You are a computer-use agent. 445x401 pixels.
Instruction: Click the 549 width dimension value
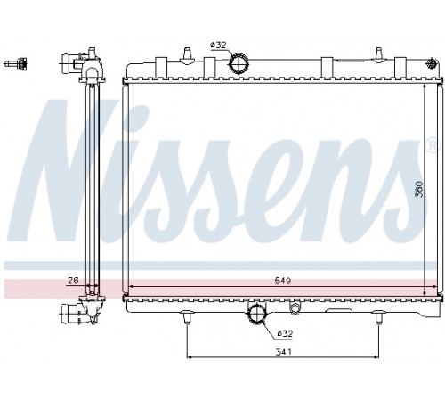coord(282,281)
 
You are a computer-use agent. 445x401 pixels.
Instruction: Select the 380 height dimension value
coord(419,189)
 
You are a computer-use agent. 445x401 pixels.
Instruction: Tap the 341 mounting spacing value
coord(284,352)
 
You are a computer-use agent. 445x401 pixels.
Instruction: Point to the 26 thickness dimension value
coord(73,280)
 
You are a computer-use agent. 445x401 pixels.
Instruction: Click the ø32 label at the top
coord(218,45)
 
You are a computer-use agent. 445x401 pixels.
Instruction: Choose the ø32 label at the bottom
coord(285,333)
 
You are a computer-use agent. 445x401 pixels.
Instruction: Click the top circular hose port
coord(239,63)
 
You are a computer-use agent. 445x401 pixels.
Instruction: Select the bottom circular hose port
coord(257,314)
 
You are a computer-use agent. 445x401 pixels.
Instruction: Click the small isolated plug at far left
coord(17,63)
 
